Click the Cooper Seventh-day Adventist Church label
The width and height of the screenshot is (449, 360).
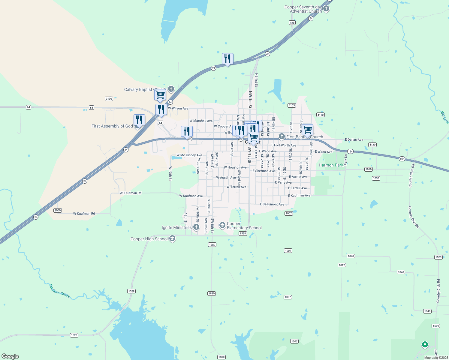click(x=303, y=9)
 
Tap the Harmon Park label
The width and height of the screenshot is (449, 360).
click(x=331, y=165)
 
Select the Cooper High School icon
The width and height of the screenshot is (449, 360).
click(x=172, y=239)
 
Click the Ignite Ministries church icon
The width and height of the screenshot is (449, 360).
click(x=196, y=227)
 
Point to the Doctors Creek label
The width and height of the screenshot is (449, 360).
click(x=59, y=291)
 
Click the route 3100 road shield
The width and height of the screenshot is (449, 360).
click(x=109, y=99)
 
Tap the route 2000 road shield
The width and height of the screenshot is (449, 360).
click(x=58, y=210)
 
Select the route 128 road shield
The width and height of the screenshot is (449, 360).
click(x=292, y=23)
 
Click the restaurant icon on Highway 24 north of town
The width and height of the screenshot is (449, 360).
click(x=228, y=59)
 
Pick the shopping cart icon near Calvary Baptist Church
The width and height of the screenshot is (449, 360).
click(x=160, y=95)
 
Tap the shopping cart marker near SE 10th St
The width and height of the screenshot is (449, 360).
click(x=308, y=130)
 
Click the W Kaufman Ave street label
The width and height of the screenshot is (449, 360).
click(x=191, y=196)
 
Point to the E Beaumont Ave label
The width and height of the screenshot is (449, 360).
click(x=272, y=204)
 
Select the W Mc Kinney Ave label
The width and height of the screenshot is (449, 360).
click(x=189, y=155)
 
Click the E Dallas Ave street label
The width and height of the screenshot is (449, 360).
click(x=354, y=140)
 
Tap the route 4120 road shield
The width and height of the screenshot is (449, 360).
click(x=372, y=145)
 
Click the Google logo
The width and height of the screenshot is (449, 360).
click(x=10, y=356)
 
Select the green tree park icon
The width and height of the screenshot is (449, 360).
click(x=425, y=344)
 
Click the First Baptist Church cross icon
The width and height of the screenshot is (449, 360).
click(x=282, y=136)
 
